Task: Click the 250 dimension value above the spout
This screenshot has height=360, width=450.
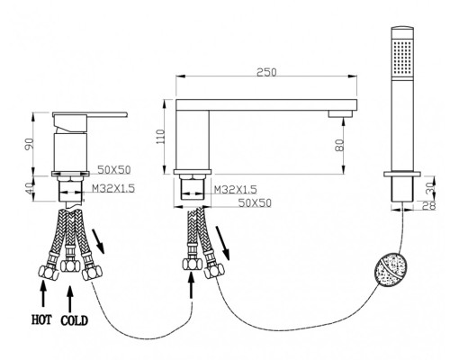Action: click(266, 72)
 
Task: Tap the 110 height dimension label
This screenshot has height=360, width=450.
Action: click(161, 137)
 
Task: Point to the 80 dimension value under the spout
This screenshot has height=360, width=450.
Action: click(339, 146)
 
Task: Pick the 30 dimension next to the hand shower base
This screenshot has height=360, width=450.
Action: click(430, 188)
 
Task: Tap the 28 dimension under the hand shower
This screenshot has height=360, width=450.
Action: click(428, 205)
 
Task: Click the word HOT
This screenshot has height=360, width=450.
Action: click(41, 319)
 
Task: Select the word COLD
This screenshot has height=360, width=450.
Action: click(75, 320)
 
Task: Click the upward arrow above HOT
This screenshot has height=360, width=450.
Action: click(43, 293)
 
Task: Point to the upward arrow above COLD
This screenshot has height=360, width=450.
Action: click(70, 300)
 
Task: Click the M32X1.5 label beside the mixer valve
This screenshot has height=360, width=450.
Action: click(113, 189)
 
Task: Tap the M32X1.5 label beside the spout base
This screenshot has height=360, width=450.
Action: click(235, 189)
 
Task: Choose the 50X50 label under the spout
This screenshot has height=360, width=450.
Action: click(255, 203)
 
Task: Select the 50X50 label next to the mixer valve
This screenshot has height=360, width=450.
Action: click(114, 170)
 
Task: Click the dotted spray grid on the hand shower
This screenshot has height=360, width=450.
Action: click(402, 57)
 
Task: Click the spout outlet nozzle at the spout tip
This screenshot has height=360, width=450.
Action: click(340, 113)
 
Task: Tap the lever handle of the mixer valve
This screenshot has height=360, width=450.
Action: click(90, 114)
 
